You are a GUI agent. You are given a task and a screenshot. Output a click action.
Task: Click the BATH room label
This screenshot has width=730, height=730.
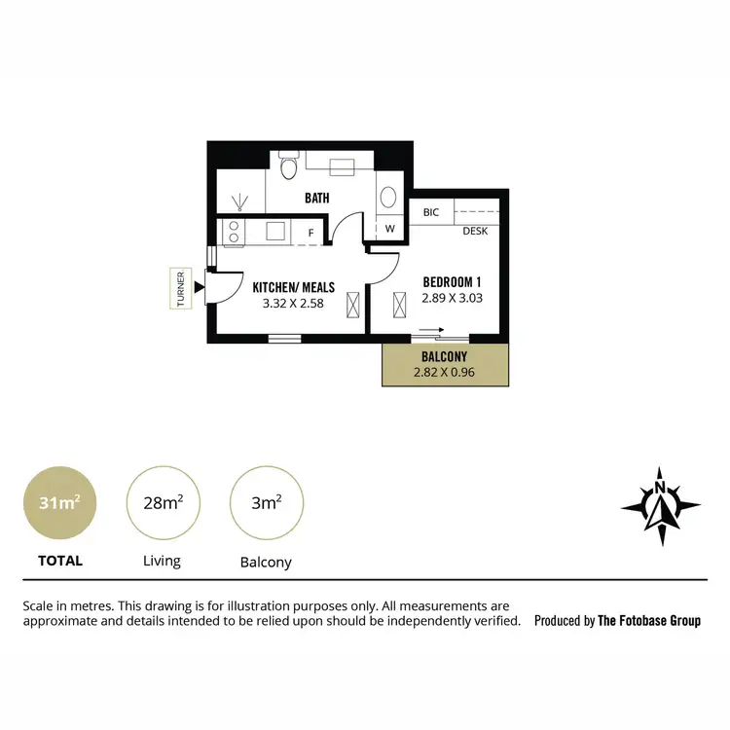[x=316, y=198]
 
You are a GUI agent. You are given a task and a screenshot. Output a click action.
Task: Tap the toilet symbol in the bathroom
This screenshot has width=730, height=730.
[x=287, y=168]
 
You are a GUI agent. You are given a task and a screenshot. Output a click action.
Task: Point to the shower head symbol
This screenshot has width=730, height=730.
[x=240, y=201]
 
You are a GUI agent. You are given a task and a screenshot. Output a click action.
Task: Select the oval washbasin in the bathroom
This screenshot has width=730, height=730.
[x=386, y=198]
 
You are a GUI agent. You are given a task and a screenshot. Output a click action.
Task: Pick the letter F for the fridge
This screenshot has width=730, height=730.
[x=311, y=233]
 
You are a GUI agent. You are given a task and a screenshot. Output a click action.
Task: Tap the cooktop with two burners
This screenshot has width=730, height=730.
[x=234, y=232]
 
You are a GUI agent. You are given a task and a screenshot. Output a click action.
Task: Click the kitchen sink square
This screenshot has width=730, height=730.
[x=275, y=232]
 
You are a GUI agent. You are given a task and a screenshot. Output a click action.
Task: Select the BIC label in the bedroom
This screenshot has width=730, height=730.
[x=430, y=210]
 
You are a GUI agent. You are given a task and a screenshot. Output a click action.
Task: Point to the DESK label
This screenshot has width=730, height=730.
[x=474, y=231]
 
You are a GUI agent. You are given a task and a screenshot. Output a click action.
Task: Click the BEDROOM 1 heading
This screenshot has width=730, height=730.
[x=452, y=282]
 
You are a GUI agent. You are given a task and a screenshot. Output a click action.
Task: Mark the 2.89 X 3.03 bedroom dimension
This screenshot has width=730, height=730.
[x=452, y=299]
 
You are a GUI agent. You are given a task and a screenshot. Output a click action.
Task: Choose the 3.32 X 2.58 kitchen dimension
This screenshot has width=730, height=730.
[x=293, y=304]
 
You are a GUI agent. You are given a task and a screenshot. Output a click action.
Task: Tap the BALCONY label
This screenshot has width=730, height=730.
[x=444, y=356]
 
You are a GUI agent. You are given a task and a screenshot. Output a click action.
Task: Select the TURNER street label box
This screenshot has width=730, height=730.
[x=180, y=288]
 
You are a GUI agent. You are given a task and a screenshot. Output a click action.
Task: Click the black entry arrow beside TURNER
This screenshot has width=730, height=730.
[x=200, y=287]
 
